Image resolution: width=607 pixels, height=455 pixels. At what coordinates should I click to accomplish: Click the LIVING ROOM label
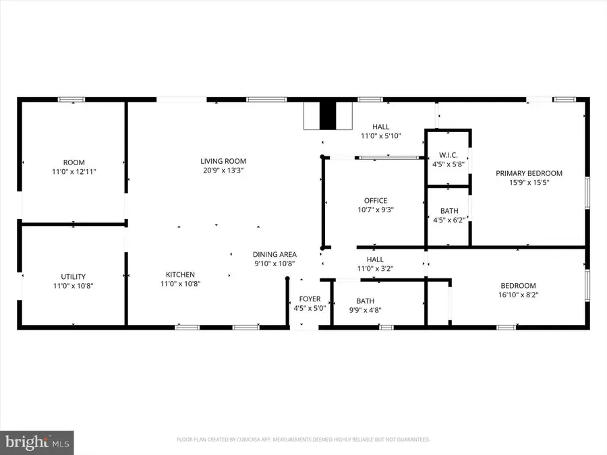223,161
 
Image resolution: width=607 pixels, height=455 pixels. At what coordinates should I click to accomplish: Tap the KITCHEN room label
180,274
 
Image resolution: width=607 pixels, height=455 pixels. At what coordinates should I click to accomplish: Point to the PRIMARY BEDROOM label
529,173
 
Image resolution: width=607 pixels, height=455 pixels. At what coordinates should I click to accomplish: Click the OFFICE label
375,200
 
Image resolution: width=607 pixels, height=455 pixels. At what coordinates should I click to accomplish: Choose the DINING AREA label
274,254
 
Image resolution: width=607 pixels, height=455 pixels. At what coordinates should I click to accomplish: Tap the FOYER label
310,299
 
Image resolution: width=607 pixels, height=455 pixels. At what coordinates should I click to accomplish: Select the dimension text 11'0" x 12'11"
74,172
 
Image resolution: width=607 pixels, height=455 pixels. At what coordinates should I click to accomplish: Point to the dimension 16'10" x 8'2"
518,295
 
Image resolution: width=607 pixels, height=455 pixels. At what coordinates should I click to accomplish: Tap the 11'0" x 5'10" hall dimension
381,135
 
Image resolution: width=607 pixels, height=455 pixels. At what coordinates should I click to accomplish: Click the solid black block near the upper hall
327,115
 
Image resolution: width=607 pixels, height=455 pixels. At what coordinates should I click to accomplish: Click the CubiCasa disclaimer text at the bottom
303,439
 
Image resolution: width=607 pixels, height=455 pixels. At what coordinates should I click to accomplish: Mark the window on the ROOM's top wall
71,100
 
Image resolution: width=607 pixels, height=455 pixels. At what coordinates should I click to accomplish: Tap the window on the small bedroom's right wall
587,289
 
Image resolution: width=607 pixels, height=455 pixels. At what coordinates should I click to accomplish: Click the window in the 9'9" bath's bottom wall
386,328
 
